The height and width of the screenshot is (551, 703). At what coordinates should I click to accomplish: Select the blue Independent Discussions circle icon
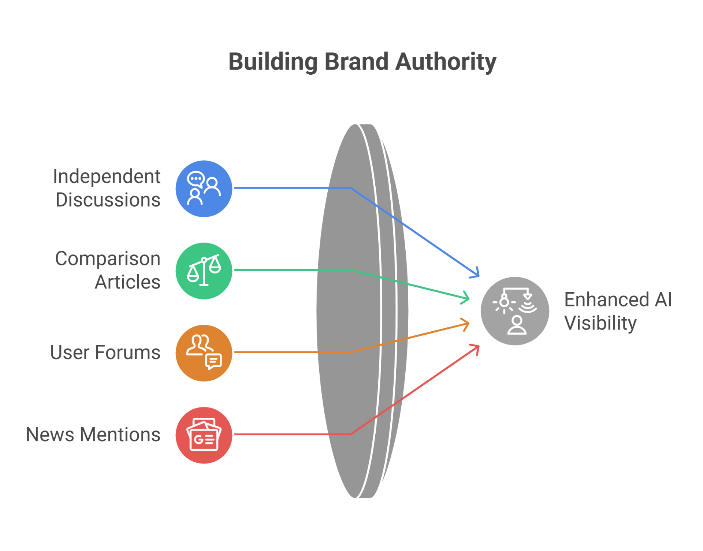[204, 189]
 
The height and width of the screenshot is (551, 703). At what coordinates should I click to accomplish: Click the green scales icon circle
[204, 271]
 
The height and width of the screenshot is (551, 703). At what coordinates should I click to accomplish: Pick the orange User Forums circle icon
[204, 353]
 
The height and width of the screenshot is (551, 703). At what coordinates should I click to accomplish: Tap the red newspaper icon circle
[204, 435]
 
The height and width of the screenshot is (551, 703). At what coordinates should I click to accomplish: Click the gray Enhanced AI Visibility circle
[514, 311]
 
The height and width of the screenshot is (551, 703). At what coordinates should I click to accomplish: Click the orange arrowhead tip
[468, 324]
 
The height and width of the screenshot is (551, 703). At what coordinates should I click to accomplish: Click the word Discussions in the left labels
[108, 200]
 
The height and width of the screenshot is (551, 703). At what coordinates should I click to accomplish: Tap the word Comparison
[108, 258]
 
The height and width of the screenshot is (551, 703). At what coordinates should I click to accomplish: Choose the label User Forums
[105, 353]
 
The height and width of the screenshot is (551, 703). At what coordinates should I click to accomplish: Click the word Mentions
[120, 435]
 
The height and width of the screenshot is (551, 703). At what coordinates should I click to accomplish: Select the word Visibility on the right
[600, 323]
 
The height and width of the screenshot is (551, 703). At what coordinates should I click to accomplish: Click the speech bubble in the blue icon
[196, 179]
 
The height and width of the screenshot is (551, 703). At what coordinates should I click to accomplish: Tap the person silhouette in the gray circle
[517, 325]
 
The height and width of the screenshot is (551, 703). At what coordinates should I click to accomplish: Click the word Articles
[127, 282]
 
